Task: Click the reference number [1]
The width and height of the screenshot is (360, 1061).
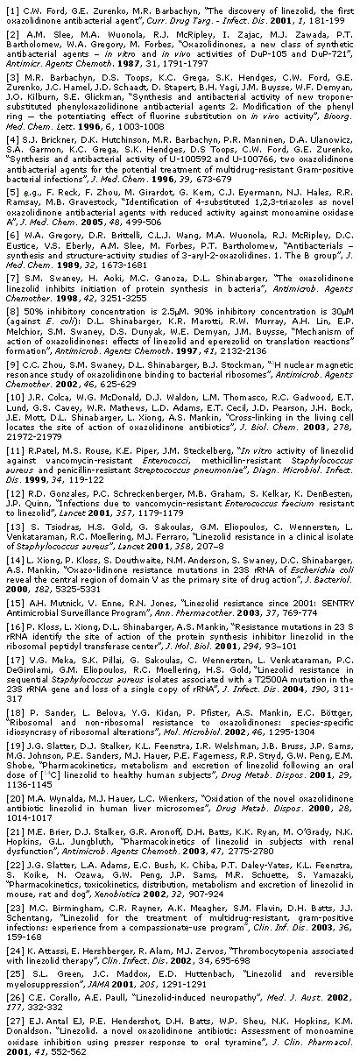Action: (11, 8)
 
